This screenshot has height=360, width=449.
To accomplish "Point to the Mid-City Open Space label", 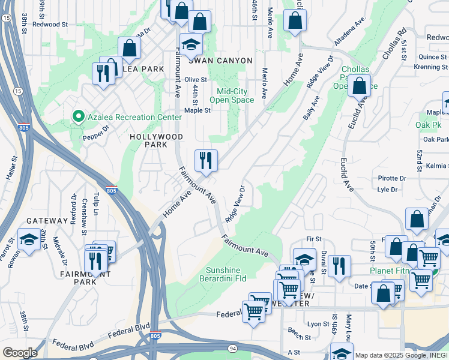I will coord(235,96).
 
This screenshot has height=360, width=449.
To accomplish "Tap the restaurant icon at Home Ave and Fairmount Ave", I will coord(205,160).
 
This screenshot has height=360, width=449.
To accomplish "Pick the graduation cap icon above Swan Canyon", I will coord(191,44).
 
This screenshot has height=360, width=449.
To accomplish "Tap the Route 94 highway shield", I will coord(233,348).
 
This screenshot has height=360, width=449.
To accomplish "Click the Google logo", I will coord(19,353).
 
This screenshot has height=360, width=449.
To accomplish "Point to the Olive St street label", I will coord(196,79).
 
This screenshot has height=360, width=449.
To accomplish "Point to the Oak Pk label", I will coord(428,125).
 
